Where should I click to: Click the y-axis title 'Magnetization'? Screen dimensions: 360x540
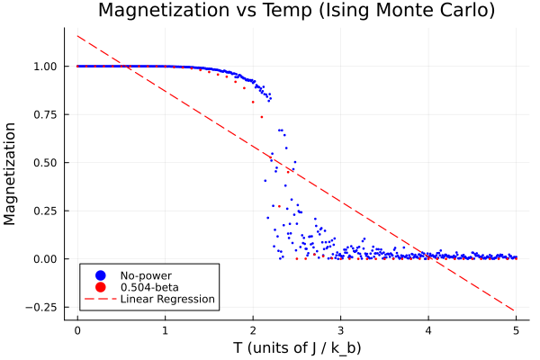[x=11, y=173]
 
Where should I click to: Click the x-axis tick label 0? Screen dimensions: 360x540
[x=77, y=328]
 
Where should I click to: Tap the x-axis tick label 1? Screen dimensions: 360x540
[x=166, y=328]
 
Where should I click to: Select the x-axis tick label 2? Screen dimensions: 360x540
[x=253, y=328]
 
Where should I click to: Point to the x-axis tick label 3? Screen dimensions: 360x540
[x=341, y=328]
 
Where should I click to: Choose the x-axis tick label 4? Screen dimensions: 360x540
[x=428, y=328]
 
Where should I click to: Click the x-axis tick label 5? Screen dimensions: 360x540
[x=517, y=328]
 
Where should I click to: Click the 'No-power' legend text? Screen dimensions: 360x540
[x=145, y=274]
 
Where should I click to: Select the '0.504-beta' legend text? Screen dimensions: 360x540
[x=149, y=287]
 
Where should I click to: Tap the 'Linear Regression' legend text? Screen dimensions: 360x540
[x=167, y=299]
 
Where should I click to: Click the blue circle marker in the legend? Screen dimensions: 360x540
[x=100, y=274]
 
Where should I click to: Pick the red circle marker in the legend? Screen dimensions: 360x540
[x=100, y=287]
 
